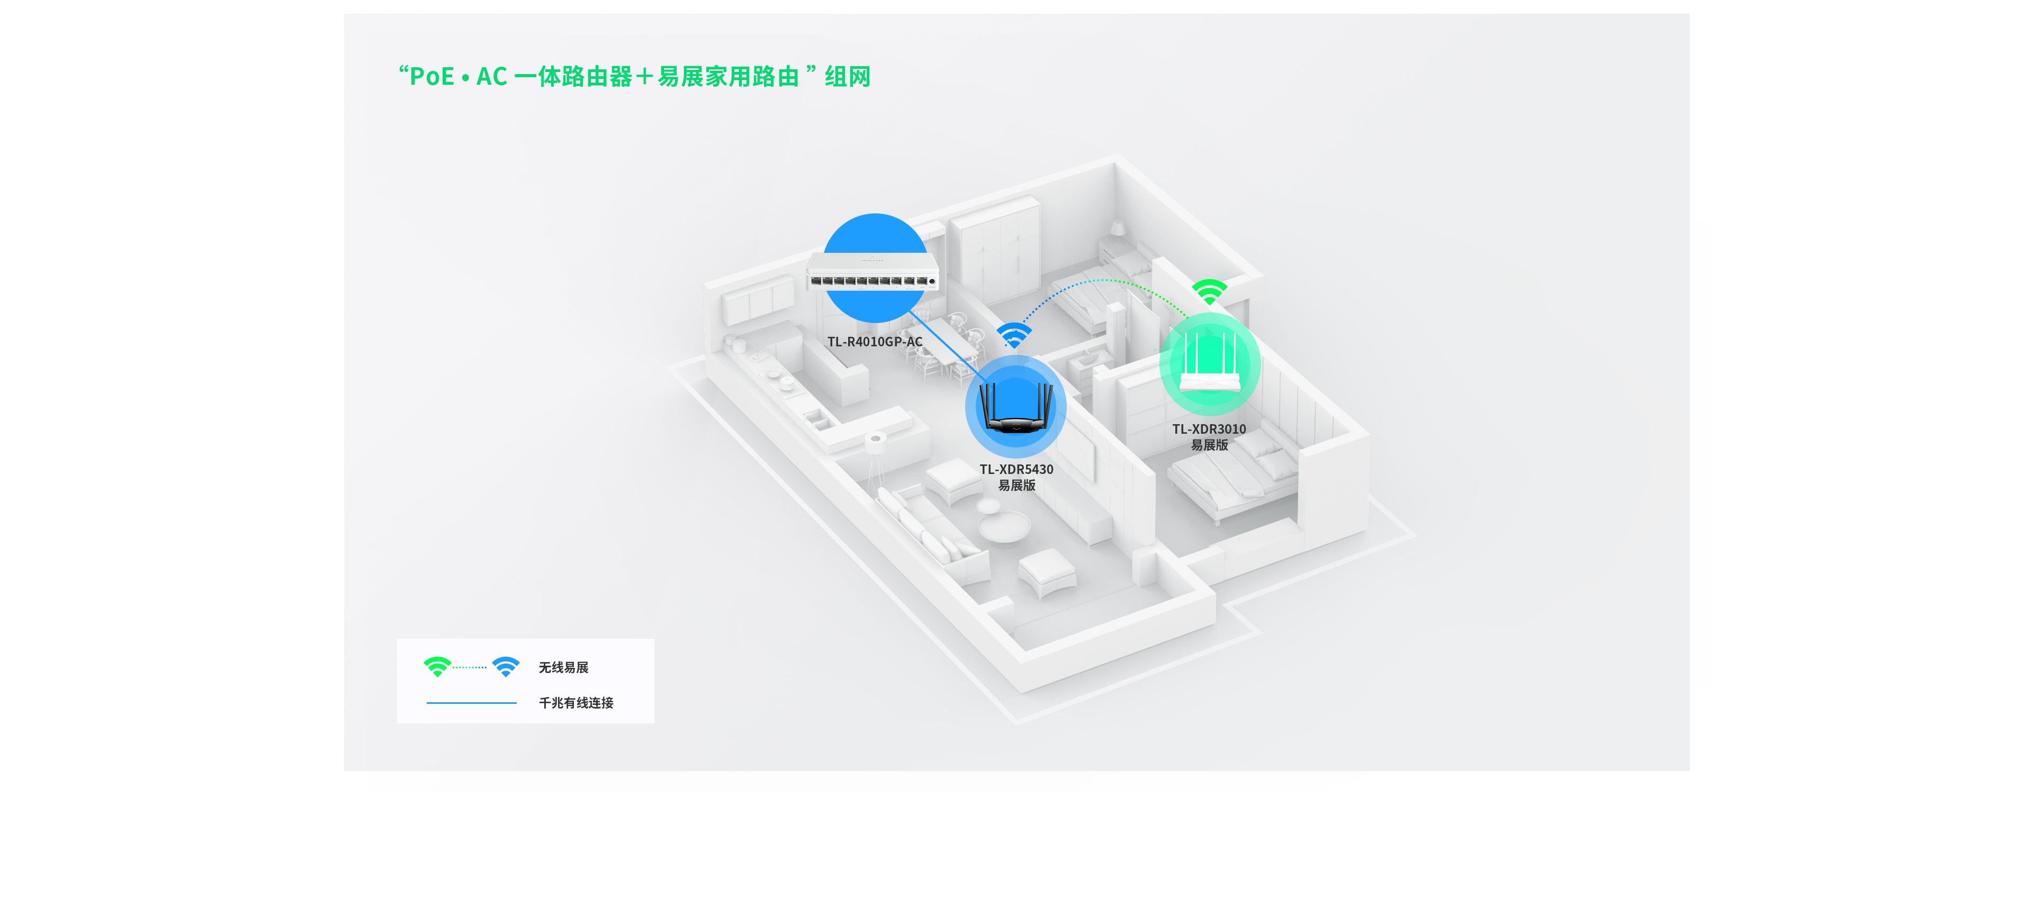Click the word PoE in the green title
(431, 77)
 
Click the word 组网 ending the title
(848, 77)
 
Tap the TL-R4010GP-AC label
(875, 342)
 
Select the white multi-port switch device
(873, 272)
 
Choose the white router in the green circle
(1210, 363)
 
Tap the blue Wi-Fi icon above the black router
(1014, 335)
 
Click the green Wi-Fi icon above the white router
(1210, 291)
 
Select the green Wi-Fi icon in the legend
(437, 666)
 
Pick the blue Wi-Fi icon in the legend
(506, 666)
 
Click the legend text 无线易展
(563, 668)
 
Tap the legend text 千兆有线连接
(576, 703)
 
